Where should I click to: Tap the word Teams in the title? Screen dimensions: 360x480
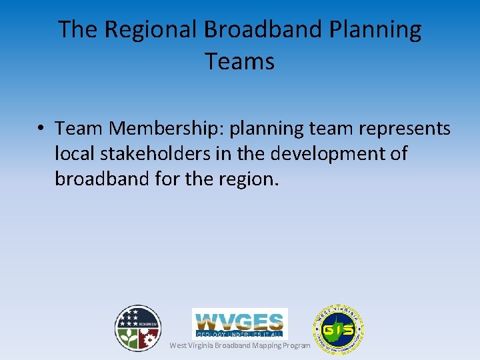tap(240, 61)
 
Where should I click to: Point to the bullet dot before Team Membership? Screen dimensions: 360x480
tap(41, 128)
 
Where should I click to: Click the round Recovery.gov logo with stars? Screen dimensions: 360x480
tap(138, 328)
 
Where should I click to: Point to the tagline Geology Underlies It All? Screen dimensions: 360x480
tap(240, 333)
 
